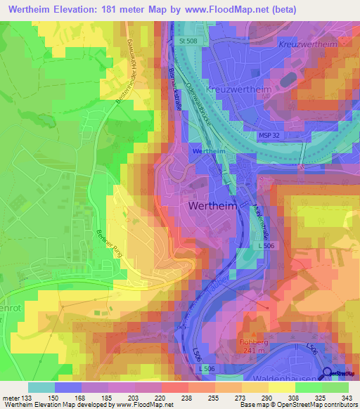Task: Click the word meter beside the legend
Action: [11, 397]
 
